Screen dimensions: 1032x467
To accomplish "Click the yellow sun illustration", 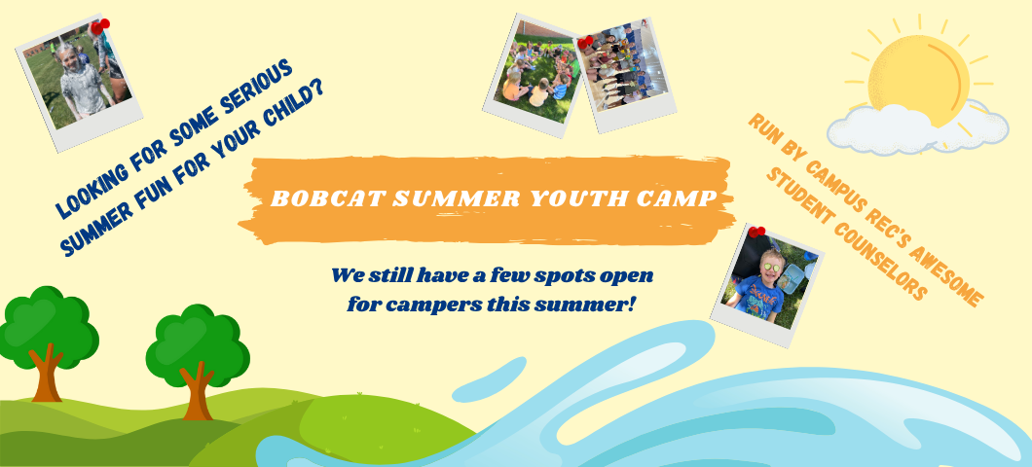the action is pyautogui.click(x=919, y=76).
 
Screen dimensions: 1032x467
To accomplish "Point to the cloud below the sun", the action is pyautogui.click(x=917, y=129).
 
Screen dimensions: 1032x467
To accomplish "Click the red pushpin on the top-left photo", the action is pyautogui.click(x=100, y=26).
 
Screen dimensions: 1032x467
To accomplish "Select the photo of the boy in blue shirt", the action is pyautogui.click(x=767, y=286).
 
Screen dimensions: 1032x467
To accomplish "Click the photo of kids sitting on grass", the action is pyautogui.click(x=534, y=74).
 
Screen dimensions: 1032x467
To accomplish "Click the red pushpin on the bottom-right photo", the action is pyautogui.click(x=756, y=233).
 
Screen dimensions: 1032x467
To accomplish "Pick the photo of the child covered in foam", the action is pyautogui.click(x=79, y=82).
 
